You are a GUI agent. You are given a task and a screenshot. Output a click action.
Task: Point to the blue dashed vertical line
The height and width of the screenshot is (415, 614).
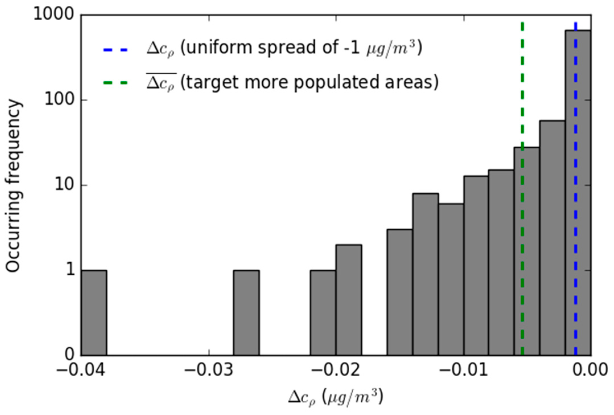[x=576, y=256]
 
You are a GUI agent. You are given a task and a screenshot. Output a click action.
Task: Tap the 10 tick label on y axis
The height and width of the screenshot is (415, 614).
[x=64, y=185]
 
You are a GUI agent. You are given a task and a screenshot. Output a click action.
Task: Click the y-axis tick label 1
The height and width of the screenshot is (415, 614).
[x=70, y=270]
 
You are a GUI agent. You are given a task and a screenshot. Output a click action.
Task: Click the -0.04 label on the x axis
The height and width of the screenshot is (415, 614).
[x=81, y=370]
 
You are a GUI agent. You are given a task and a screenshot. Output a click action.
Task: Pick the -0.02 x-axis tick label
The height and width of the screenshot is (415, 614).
[x=336, y=370]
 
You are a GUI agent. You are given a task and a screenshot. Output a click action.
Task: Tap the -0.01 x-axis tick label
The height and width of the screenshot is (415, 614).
[x=463, y=370]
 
